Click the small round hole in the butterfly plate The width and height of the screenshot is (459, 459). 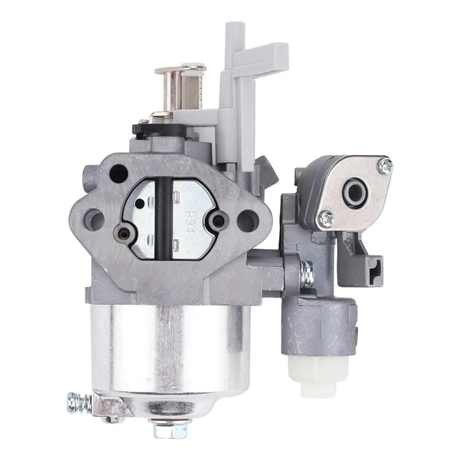[139, 203]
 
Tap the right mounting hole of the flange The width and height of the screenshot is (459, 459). [247, 220]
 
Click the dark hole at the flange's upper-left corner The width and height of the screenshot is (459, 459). [118, 174]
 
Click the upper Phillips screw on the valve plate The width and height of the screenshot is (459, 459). [385, 165]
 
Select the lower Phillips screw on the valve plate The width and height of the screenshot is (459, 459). [327, 218]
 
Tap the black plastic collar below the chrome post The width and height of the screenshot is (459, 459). [159, 129]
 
